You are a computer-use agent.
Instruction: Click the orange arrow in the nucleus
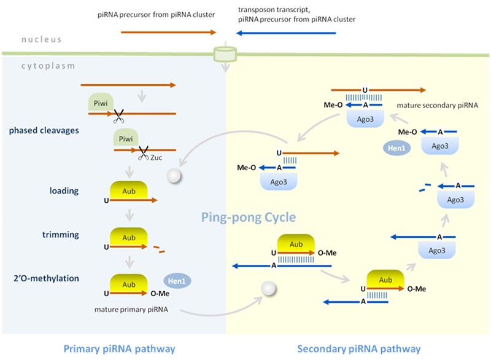tap(169, 32)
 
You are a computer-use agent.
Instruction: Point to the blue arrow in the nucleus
tap(285, 32)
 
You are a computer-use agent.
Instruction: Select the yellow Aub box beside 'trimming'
tap(128, 237)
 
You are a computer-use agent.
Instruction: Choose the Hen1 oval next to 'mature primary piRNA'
tap(177, 280)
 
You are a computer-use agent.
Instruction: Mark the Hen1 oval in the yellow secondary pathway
tap(396, 148)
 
